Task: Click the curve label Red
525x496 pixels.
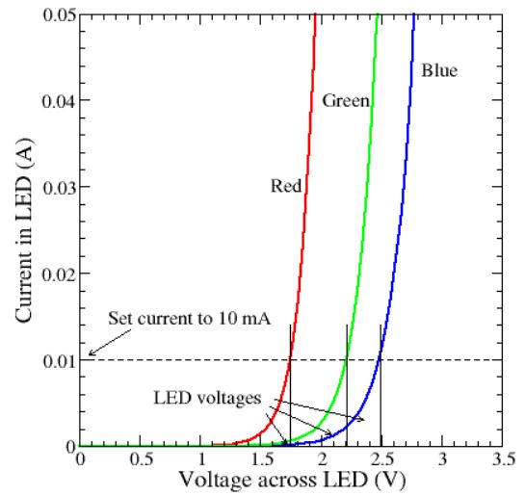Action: coord(286,190)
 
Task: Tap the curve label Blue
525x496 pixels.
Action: coord(438,70)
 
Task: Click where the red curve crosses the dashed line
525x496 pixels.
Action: coord(290,359)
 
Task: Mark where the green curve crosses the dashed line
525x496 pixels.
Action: coord(347,359)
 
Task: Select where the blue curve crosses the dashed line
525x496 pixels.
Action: coord(381,359)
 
